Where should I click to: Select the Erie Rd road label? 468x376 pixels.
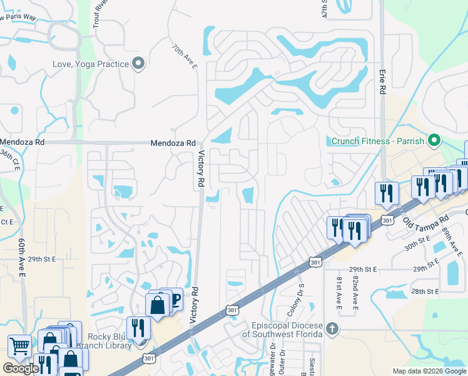(x=382, y=82)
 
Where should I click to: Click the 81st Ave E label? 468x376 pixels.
(x=338, y=292)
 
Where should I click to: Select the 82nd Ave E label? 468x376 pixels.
(x=355, y=292)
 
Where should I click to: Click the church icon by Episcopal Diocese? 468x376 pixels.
(x=332, y=328)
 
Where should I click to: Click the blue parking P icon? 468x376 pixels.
(x=175, y=299)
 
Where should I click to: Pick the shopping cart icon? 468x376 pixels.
(x=19, y=345)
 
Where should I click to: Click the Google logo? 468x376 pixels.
(x=21, y=368)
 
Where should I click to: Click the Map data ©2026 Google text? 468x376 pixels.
(x=429, y=371)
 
